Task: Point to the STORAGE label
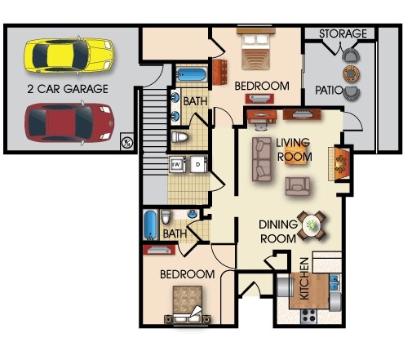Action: [x=342, y=33]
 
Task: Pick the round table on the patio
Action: [x=351, y=73]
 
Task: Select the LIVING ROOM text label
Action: [x=294, y=149]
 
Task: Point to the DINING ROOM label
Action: [x=279, y=232]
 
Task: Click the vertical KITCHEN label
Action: [x=304, y=280]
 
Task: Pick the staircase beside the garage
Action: [x=154, y=131]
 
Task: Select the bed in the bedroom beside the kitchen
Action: [x=188, y=305]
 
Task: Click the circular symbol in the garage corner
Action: [x=126, y=142]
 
